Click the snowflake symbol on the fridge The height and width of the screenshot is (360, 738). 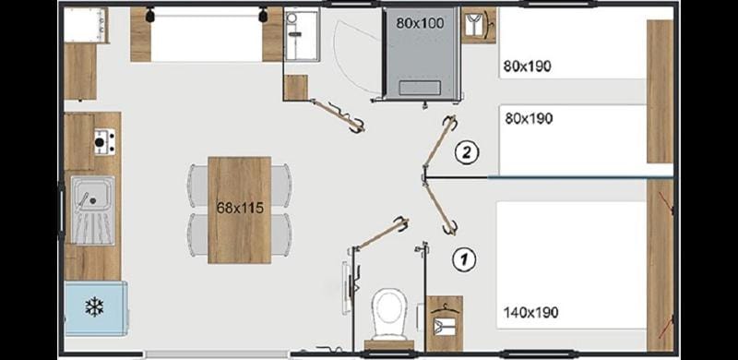coord(94,306)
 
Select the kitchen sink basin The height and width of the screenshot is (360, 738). coord(93,210)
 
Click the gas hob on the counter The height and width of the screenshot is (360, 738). coord(104,141)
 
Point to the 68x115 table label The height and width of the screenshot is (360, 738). coord(240,208)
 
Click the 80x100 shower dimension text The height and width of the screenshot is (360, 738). coord(420,23)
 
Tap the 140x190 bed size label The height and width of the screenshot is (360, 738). coord(531,312)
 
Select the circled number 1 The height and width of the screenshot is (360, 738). coord(465,258)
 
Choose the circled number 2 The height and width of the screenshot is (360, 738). coord(467,152)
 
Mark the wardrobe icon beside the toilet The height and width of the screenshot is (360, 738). coord(445,323)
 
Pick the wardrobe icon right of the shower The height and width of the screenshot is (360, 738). coord(479,25)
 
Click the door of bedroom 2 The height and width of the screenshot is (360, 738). coord(440,142)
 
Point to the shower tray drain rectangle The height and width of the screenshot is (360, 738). coord(420,88)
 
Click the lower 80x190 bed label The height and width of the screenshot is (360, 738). coord(529,118)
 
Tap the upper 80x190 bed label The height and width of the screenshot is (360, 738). coord(527,66)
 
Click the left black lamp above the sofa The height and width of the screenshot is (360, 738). coord(150,15)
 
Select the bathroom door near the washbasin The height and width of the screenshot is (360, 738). coord(338,115)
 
